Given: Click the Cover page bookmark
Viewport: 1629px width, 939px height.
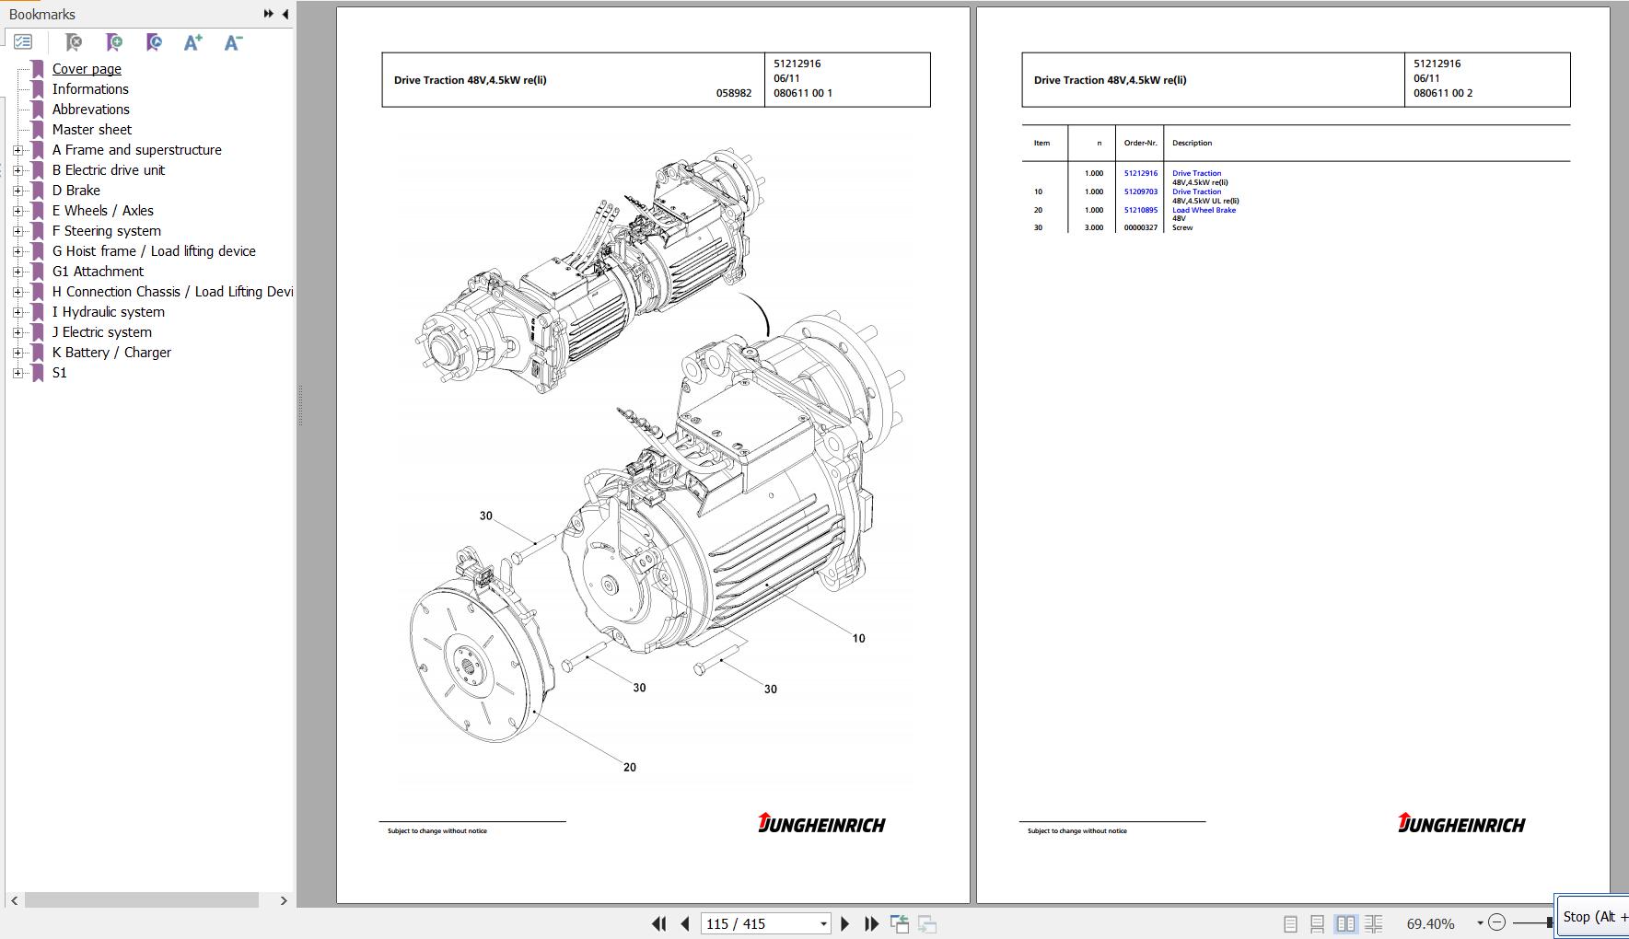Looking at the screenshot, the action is (x=87, y=69).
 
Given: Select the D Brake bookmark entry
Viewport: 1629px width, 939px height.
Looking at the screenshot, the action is (x=76, y=191).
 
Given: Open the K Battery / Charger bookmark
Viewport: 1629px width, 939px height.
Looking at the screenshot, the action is (x=111, y=353).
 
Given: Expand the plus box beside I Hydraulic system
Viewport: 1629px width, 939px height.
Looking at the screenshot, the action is (x=17, y=312).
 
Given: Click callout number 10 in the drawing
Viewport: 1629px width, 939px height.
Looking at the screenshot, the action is (x=858, y=638).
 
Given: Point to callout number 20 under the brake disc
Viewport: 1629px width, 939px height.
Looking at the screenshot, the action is (x=630, y=767).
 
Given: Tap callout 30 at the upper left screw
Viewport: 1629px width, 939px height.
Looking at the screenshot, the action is (x=486, y=516).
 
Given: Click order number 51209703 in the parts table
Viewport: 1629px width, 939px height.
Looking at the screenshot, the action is (x=1141, y=191).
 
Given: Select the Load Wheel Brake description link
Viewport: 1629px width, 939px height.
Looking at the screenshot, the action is (x=1204, y=210).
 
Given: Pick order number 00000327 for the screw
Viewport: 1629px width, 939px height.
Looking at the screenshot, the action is (x=1141, y=227).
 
